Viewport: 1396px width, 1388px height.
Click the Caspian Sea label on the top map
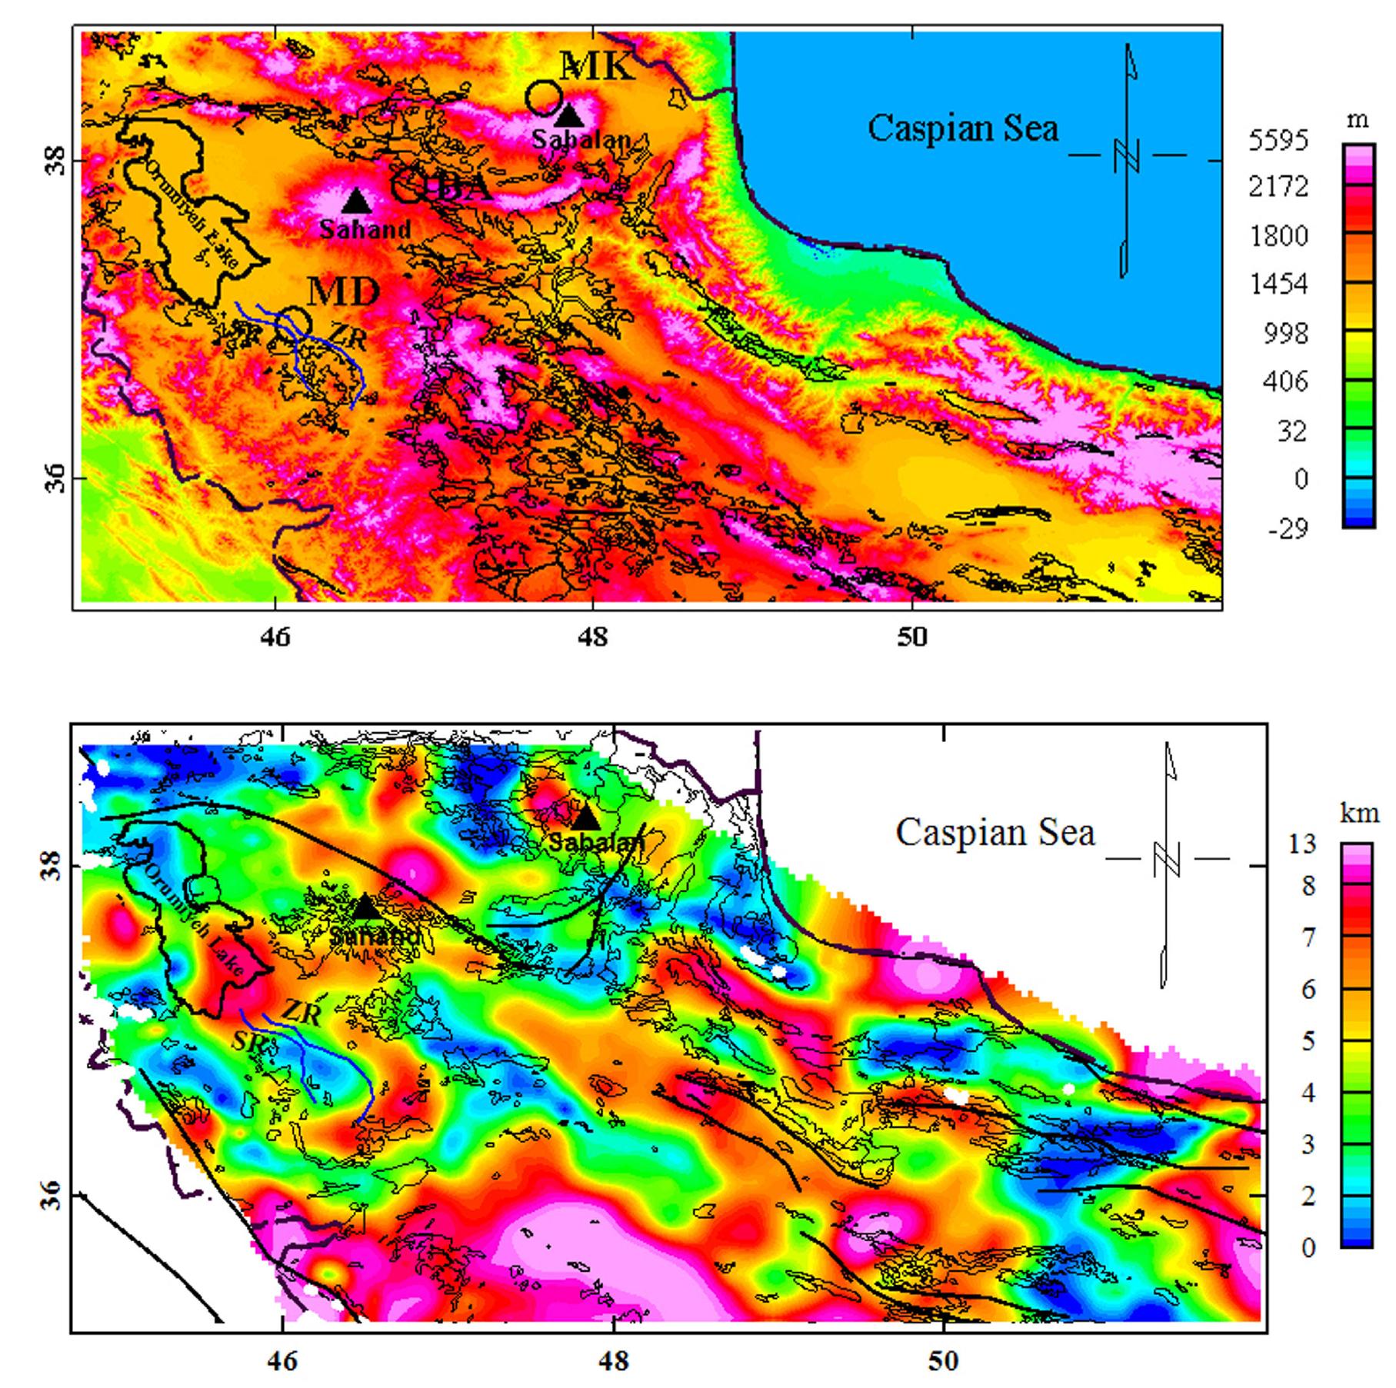click(963, 128)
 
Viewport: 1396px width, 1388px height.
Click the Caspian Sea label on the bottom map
click(995, 833)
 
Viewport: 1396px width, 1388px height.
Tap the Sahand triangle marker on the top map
click(356, 201)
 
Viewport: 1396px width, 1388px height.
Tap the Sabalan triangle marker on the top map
click(569, 115)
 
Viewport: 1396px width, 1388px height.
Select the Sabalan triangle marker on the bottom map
click(585, 817)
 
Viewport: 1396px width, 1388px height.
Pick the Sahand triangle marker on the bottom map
click(366, 908)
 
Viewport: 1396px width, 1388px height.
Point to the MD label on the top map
click(344, 291)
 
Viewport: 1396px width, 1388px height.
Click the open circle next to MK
click(544, 98)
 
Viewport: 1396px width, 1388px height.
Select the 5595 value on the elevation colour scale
click(1278, 141)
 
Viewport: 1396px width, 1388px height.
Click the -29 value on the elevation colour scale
click(1288, 529)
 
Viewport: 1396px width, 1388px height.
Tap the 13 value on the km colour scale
click(1302, 844)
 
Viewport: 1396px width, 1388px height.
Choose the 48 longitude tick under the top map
click(593, 637)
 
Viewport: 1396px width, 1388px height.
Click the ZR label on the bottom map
click(301, 1014)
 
